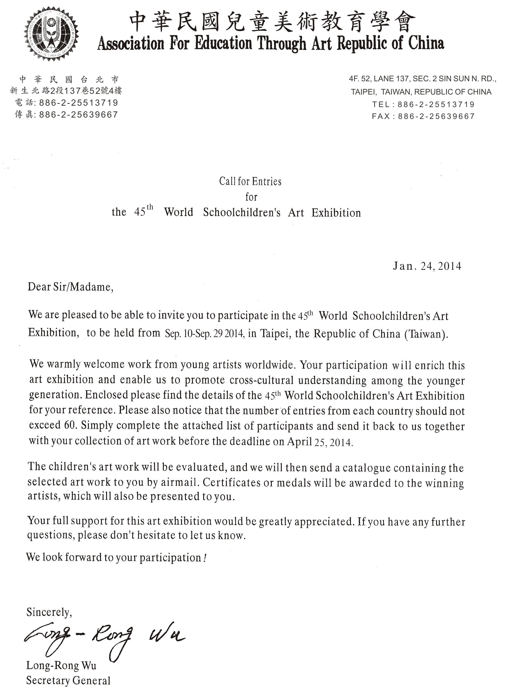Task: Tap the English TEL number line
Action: [x=423, y=104]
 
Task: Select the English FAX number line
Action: [x=423, y=116]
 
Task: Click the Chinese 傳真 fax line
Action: [x=66, y=114]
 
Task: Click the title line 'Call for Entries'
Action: [x=250, y=181]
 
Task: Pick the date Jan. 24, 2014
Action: [x=427, y=266]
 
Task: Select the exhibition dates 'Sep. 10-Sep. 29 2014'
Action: [x=205, y=334]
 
